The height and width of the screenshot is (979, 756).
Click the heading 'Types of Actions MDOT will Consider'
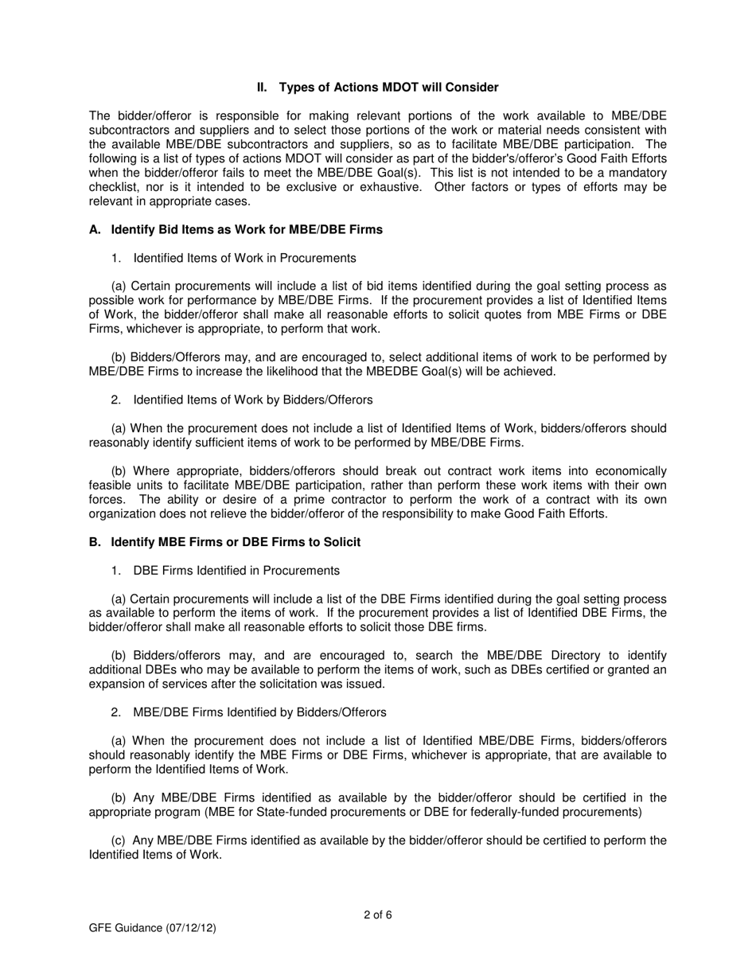[389, 88]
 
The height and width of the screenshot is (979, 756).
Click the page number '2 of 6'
[377, 915]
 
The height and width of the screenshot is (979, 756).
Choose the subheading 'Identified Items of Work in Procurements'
[244, 258]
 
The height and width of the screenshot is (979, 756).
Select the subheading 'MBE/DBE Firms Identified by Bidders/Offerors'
[259, 712]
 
